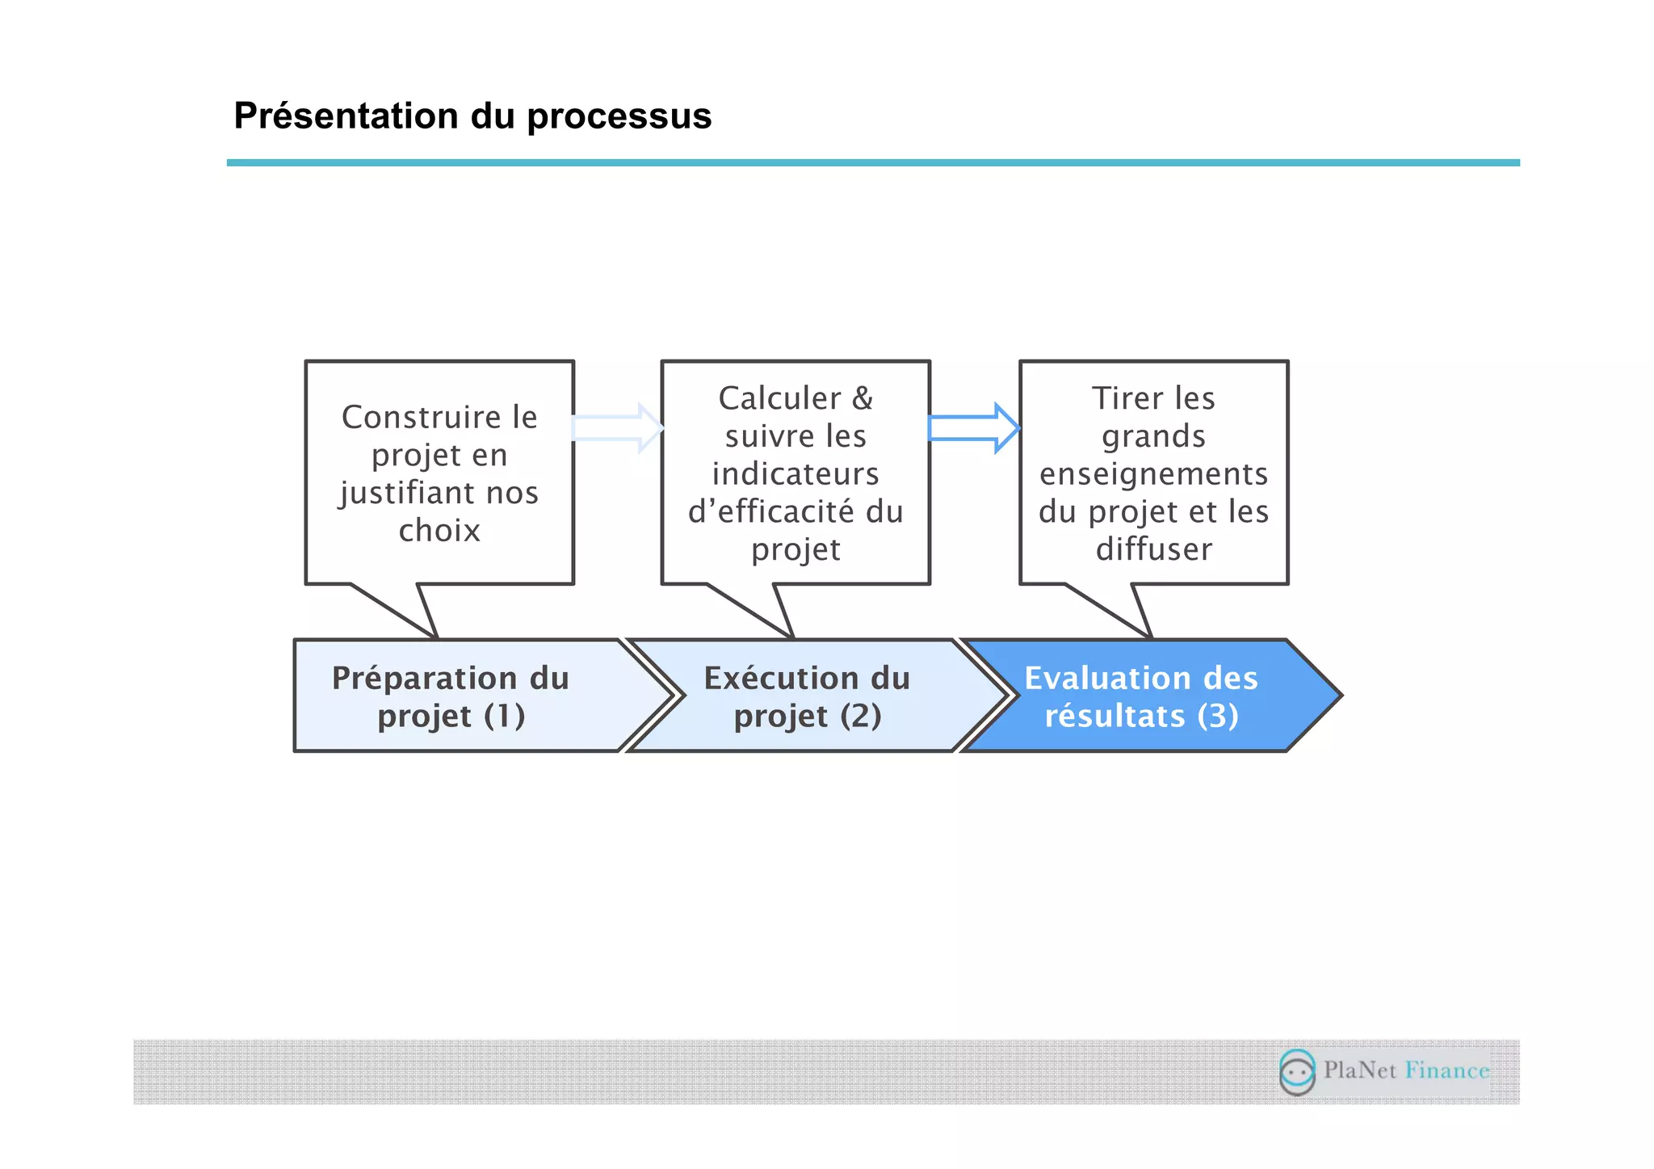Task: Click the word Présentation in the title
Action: pyautogui.click(x=346, y=116)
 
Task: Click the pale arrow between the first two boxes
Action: pyautogui.click(x=617, y=428)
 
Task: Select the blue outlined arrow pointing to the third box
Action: pyautogui.click(x=973, y=428)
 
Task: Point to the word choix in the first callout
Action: pyautogui.click(x=439, y=531)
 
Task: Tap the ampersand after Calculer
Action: pyautogui.click(x=863, y=398)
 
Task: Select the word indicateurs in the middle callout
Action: pyautogui.click(x=796, y=474)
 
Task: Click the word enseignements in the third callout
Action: pyautogui.click(x=1153, y=474)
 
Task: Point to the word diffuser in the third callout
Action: pyautogui.click(x=1153, y=549)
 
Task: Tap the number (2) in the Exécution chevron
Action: pyautogui.click(x=860, y=716)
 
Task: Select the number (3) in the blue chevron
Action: pyautogui.click(x=1218, y=716)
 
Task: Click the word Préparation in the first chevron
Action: pyautogui.click(x=425, y=679)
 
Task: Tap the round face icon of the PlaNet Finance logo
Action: pyautogui.click(x=1297, y=1072)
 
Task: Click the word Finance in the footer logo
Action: pyautogui.click(x=1446, y=1070)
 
